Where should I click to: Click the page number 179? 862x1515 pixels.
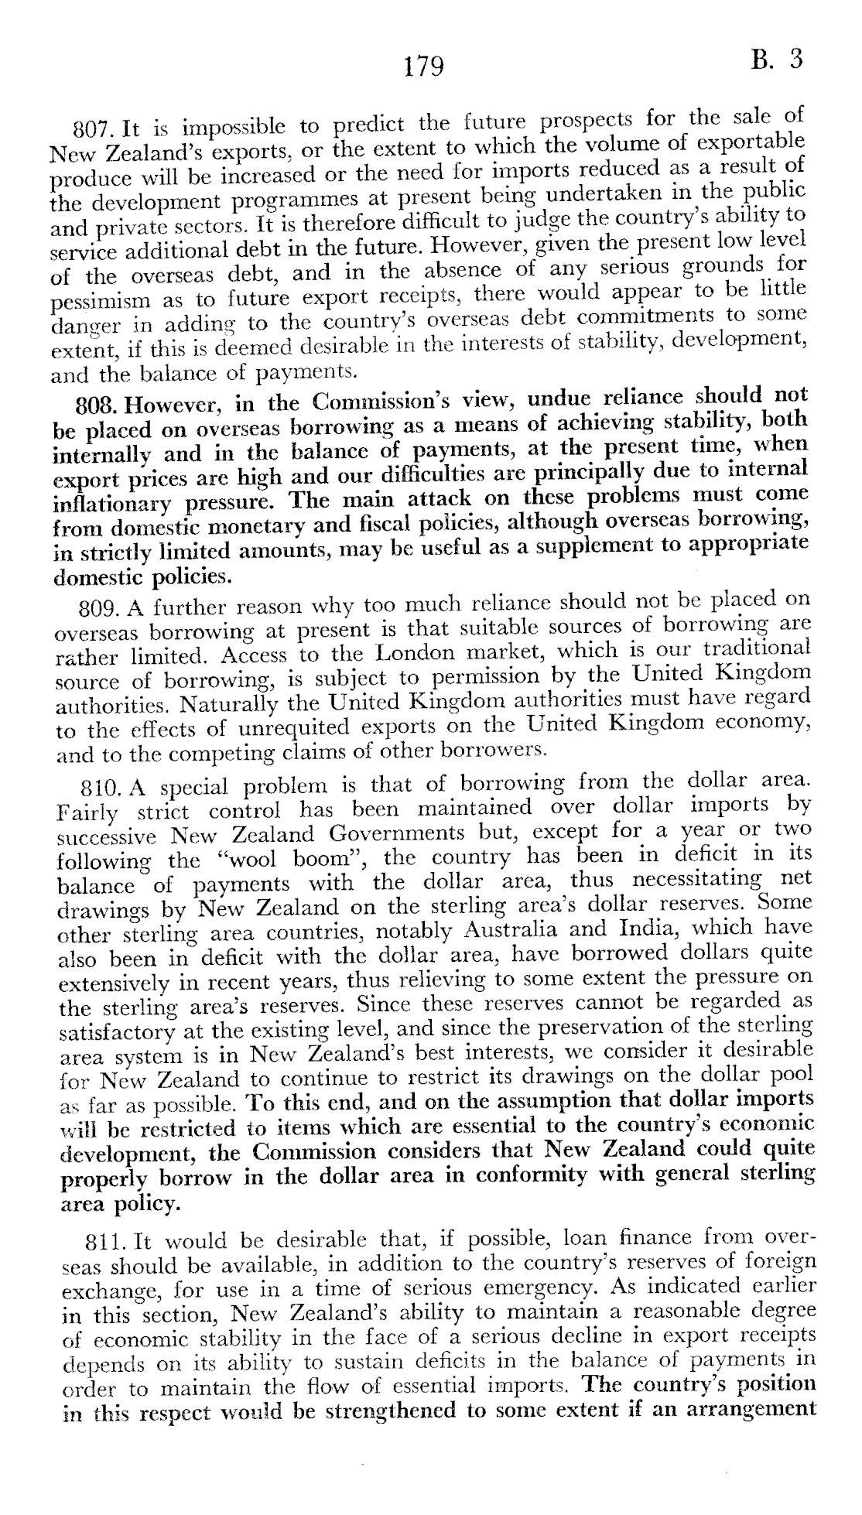click(x=424, y=67)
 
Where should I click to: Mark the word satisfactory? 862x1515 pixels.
click(x=118, y=1033)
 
